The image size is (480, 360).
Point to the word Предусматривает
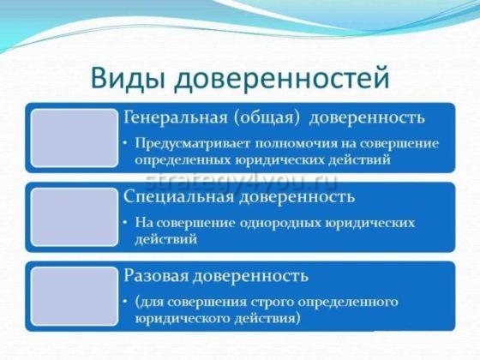click(185, 141)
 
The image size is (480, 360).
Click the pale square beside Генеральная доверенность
click(75, 139)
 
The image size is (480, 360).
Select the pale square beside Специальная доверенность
click(75, 217)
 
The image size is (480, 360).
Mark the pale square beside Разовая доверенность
click(75, 296)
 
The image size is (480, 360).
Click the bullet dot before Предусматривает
click(126, 141)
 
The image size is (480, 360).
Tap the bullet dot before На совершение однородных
click(126, 222)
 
